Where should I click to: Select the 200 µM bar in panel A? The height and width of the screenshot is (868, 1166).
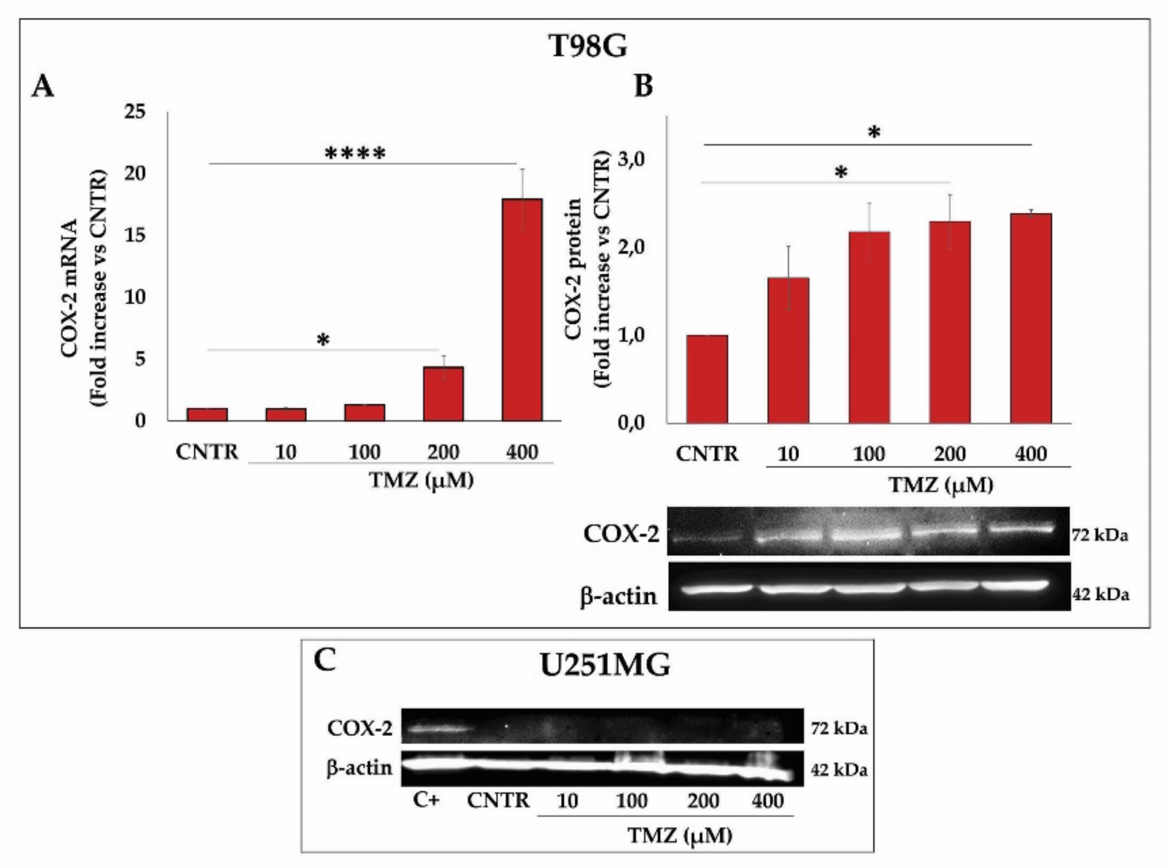[443, 394]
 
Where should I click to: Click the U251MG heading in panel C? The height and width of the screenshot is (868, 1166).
[604, 666]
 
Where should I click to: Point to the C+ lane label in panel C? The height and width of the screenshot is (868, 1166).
[426, 801]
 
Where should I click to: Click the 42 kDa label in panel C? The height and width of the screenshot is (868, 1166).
[838, 770]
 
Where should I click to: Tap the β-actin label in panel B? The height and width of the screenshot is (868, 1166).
[619, 596]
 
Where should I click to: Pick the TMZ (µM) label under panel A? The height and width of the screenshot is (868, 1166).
[421, 480]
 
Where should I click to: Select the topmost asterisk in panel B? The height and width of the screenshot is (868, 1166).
[873, 132]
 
